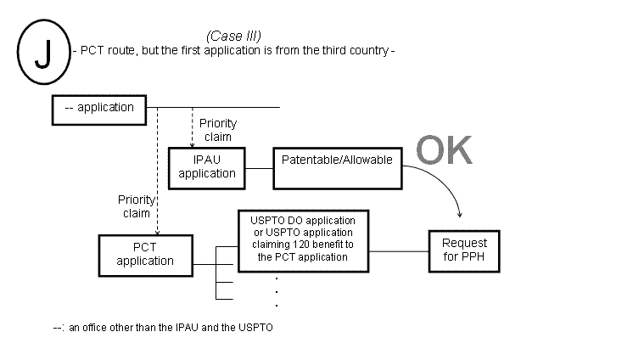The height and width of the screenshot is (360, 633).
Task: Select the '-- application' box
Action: point(99,108)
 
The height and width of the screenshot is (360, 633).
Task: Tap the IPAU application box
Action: point(206,166)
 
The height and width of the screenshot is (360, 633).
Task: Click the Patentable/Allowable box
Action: point(337,159)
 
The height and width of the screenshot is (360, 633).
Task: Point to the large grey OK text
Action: point(444,150)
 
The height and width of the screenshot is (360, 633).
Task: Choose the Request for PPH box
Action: point(464,249)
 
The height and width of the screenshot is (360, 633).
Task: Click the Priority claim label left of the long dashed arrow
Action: point(135,205)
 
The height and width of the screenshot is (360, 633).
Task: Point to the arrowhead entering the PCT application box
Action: point(157,231)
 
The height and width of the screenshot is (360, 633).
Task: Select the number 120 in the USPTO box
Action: point(294,245)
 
